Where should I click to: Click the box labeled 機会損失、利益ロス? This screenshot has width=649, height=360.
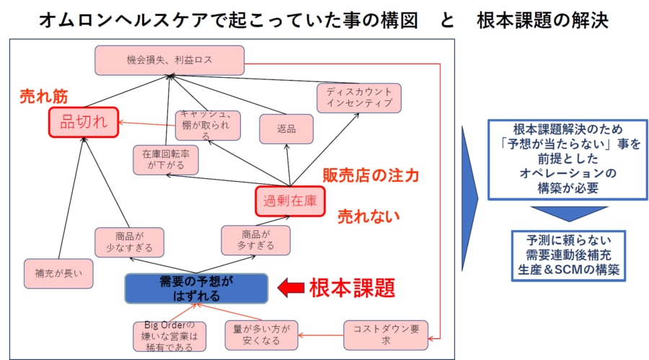[x=169, y=61]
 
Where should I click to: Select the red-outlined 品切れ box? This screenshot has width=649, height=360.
[x=84, y=122]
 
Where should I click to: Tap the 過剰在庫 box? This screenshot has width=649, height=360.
[x=287, y=201]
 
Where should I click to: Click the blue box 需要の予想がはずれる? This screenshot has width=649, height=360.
[x=196, y=288]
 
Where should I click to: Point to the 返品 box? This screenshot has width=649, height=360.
[x=286, y=129]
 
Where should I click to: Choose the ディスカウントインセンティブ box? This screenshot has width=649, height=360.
[x=358, y=98]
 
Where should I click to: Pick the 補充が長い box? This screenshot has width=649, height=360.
[x=58, y=273]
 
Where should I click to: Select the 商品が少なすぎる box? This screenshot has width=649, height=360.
[x=129, y=242]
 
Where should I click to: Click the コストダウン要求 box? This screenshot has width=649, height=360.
[x=385, y=334]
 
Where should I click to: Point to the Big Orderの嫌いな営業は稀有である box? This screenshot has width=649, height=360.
[x=169, y=336]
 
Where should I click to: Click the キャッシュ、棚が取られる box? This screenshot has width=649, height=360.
[x=207, y=125]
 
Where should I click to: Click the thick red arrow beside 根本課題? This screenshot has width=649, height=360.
[x=291, y=289]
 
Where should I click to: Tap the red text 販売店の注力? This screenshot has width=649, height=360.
[x=371, y=175]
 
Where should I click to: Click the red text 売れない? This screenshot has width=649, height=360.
[x=368, y=216]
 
